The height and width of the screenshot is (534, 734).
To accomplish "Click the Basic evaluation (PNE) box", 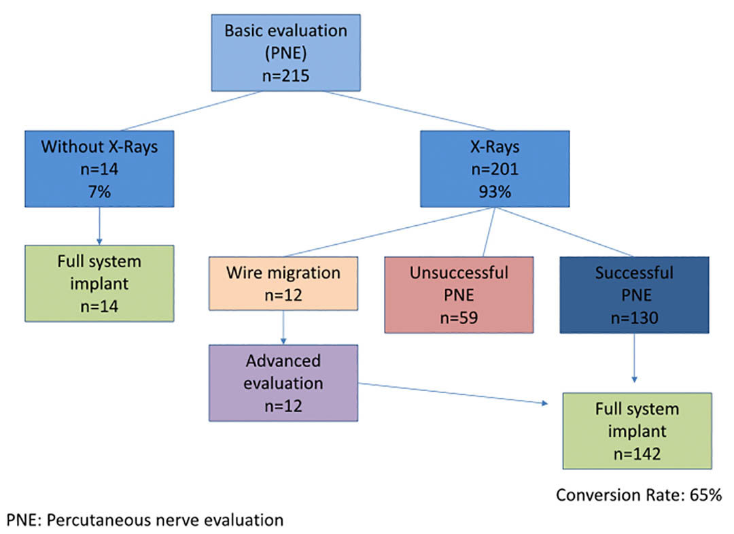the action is (285, 52).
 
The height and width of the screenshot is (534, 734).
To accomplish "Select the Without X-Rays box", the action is (99, 169).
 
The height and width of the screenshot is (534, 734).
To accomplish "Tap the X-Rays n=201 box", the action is (495, 169).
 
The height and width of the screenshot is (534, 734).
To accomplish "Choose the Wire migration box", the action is (283, 284).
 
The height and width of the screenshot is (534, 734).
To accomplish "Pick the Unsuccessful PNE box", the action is (459, 295).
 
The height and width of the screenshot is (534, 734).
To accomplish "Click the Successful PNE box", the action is (634, 295).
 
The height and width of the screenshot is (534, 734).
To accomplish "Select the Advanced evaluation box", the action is (283, 383).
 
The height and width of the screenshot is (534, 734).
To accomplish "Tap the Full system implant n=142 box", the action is (637, 431).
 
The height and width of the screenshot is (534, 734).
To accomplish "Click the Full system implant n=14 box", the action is (99, 284).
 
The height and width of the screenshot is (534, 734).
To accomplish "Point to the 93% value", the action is (495, 192).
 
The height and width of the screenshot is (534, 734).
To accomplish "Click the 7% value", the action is (99, 192).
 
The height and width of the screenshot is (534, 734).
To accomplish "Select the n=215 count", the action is (285, 76).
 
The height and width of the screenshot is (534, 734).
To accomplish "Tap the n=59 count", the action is (459, 318).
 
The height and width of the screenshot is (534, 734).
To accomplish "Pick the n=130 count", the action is (634, 318).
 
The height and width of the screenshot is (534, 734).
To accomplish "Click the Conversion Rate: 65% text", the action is (639, 495).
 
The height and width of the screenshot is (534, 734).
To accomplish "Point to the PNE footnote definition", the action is (145, 520).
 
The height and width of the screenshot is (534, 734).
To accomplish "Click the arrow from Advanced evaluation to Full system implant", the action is (453, 393).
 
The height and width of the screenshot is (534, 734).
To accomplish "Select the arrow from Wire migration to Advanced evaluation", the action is (283, 327).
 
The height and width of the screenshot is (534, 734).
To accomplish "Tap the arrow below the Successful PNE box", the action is (634, 358).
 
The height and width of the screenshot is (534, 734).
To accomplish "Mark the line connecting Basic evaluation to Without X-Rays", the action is (190, 111).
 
